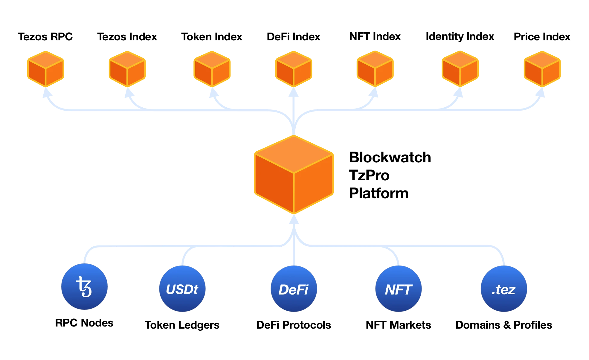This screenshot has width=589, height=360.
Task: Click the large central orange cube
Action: [294, 175]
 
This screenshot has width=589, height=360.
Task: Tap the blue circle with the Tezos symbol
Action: [84, 287]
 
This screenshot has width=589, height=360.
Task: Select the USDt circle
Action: [182, 289]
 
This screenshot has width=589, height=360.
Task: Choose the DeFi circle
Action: [293, 289]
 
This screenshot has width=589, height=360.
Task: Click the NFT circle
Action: [398, 289]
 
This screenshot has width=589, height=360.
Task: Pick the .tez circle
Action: [504, 289]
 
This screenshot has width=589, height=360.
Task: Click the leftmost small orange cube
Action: [45, 69]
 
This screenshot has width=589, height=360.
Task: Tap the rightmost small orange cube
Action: [542, 69]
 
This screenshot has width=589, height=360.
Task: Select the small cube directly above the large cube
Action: [294, 69]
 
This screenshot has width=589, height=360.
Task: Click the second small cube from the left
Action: [127, 69]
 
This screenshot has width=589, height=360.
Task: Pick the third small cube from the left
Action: [212, 69]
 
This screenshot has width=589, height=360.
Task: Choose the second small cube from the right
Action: [460, 69]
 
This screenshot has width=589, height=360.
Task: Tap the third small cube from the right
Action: [375, 69]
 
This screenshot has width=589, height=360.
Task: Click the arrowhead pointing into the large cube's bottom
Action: [294, 220]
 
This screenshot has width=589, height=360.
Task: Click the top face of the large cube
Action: [294, 154]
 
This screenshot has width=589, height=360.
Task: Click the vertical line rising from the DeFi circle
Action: [294, 254]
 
